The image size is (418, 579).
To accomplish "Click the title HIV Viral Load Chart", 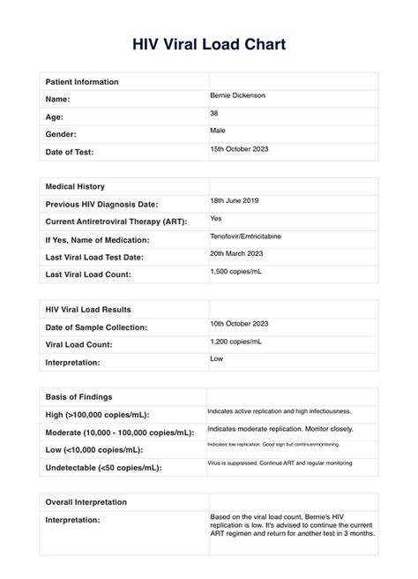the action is pyautogui.click(x=209, y=43).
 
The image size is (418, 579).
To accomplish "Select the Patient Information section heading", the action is pyautogui.click(x=81, y=82).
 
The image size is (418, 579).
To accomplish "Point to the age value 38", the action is pyautogui.click(x=214, y=113).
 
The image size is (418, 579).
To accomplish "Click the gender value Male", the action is pyautogui.click(x=218, y=131).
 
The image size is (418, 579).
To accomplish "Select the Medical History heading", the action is pyautogui.click(x=75, y=186).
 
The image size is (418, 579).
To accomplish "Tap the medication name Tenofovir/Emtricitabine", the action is pyautogui.click(x=250, y=236).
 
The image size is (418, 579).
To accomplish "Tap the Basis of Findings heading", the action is pyautogui.click(x=78, y=396).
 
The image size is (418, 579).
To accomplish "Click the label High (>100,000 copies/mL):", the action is pyautogui.click(x=96, y=415).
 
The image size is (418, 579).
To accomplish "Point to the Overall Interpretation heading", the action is pyautogui.click(x=86, y=502).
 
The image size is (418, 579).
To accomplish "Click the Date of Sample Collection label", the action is pyautogui.click(x=96, y=327).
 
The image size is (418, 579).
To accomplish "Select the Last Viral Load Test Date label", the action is pyautogui.click(x=97, y=257).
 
